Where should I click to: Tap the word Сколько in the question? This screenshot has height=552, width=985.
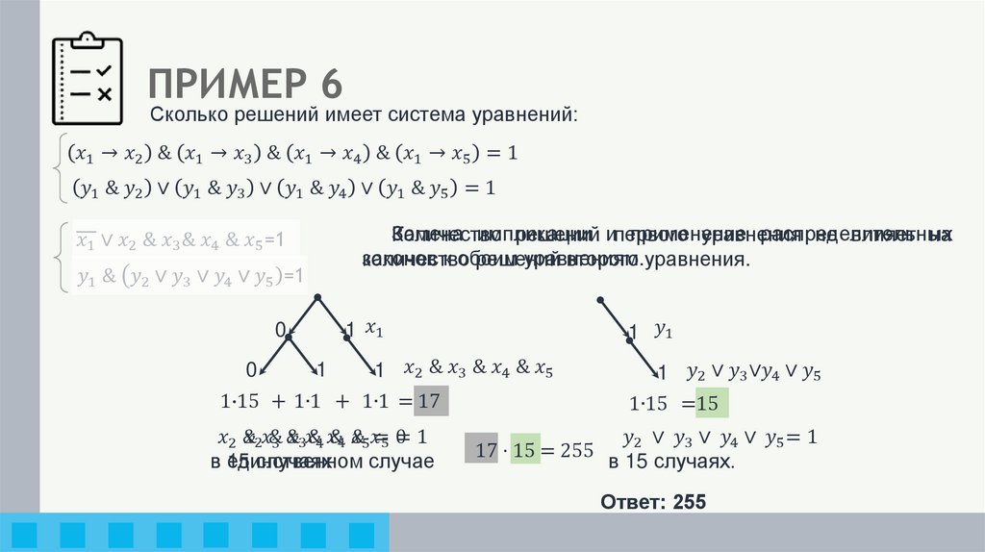pyautogui.click(x=183, y=116)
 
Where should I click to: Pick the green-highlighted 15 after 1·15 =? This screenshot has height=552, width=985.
pyautogui.click(x=708, y=403)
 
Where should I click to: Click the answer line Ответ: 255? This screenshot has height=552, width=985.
pyautogui.click(x=653, y=502)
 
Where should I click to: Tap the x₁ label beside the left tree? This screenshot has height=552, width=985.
pyautogui.click(x=374, y=330)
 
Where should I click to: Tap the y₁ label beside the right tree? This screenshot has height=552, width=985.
pyautogui.click(x=664, y=331)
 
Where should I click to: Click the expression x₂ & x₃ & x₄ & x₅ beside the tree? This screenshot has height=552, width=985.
pyautogui.click(x=478, y=367)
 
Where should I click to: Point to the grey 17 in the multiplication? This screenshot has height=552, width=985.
pyautogui.click(x=486, y=449)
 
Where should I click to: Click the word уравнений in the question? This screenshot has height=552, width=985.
pyautogui.click(x=532, y=116)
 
